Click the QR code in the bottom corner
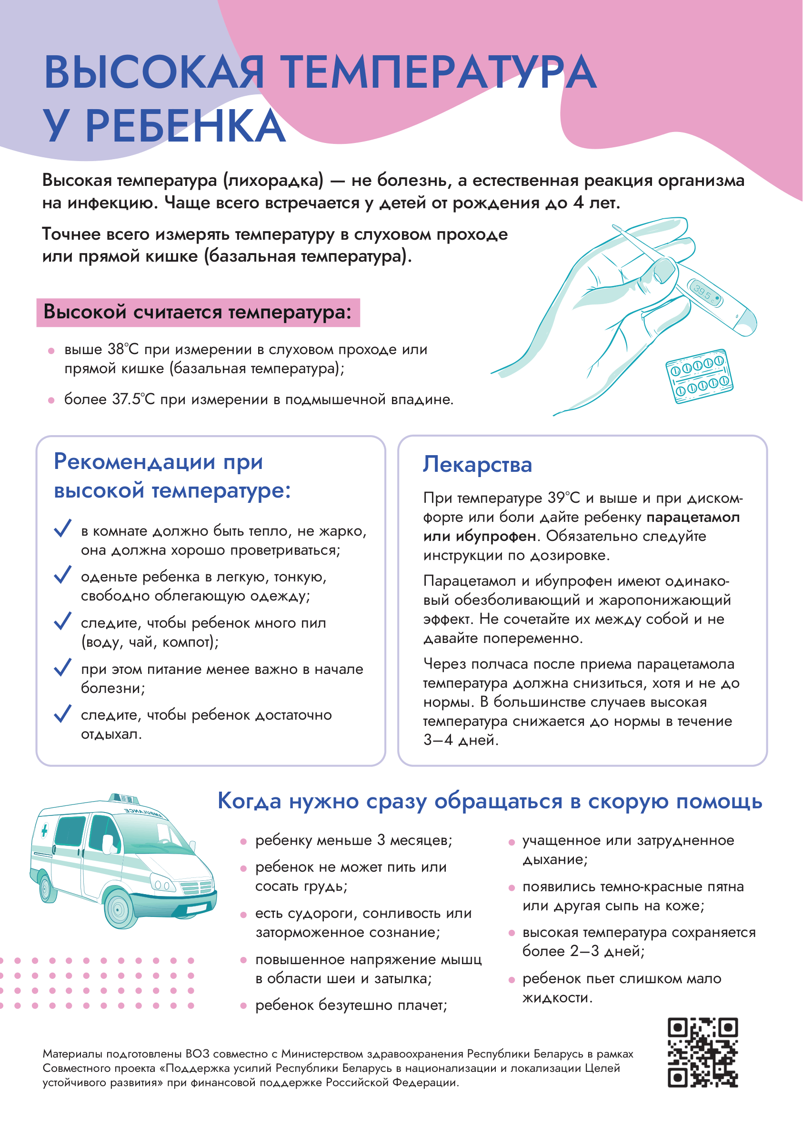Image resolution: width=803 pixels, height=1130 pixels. click(x=702, y=1052)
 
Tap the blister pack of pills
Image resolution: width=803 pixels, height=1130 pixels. click(x=699, y=377)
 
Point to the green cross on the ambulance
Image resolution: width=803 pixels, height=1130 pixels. click(x=44, y=831)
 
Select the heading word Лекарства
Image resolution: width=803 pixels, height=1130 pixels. click(x=477, y=465)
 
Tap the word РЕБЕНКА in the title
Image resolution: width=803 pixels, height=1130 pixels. click(x=185, y=126)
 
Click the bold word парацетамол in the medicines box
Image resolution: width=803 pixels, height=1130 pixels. click(x=693, y=518)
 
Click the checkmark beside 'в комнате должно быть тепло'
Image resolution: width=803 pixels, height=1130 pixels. click(x=63, y=528)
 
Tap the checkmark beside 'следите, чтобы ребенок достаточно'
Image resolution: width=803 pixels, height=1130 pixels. click(x=63, y=713)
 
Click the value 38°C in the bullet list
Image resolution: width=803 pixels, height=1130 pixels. click(x=123, y=349)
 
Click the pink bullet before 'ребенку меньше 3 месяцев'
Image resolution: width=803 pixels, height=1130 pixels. click(x=243, y=842)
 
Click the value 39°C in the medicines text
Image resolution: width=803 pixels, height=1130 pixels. click(x=564, y=498)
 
